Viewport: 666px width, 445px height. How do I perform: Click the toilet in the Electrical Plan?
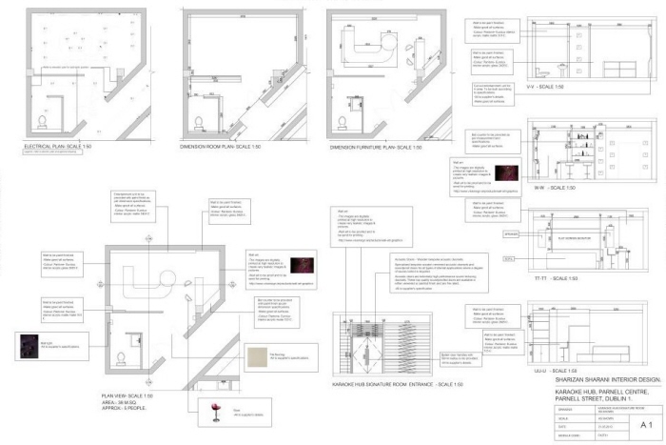pos(42,121)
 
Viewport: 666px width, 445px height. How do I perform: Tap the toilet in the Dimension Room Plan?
pos(196,122)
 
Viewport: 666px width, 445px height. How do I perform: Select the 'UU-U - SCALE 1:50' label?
pos(549,368)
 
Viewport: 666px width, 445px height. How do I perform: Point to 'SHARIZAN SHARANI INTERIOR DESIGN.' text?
pos(587,378)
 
